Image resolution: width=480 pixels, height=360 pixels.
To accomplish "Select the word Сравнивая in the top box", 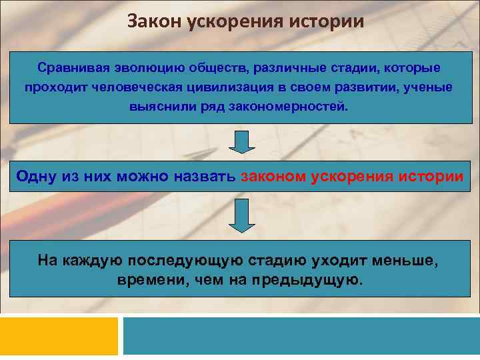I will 71,69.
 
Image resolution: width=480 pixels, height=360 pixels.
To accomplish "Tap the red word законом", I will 273,176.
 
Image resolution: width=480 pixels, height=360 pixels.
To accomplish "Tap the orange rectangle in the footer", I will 59,337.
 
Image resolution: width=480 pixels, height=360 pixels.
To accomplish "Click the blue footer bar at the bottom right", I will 301,337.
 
